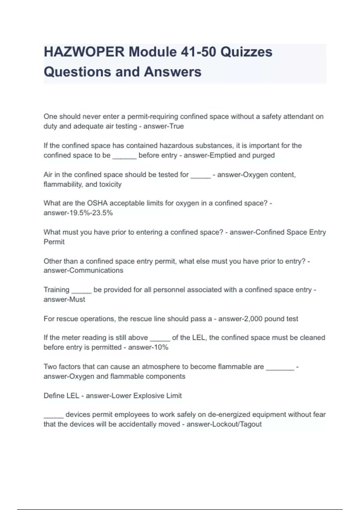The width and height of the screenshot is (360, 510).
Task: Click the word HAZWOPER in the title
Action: pyautogui.click(x=84, y=52)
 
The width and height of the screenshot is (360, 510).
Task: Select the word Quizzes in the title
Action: pyautogui.click(x=246, y=52)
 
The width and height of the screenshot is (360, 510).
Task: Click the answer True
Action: pyautogui.click(x=176, y=126)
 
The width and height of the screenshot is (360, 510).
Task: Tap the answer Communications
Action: pyautogui.click(x=96, y=270)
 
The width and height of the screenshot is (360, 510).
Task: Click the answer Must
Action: pyautogui.click(x=77, y=299)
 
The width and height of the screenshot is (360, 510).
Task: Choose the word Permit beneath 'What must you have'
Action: pyautogui.click(x=54, y=242)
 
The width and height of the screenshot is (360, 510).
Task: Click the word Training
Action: pyautogui.click(x=56, y=290)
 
